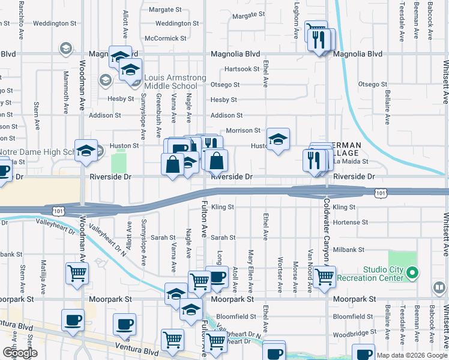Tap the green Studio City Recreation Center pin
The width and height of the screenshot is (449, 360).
[x=412, y=274]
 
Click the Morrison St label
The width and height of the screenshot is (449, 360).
[x=243, y=130]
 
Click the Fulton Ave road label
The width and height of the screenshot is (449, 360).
[x=204, y=229]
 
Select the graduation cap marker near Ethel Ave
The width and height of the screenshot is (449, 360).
[x=278, y=140]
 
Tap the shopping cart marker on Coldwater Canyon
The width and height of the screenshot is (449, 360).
[x=325, y=277]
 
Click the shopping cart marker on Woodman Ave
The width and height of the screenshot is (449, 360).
[x=77, y=274]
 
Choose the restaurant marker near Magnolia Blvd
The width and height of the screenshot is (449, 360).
[x=318, y=38]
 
